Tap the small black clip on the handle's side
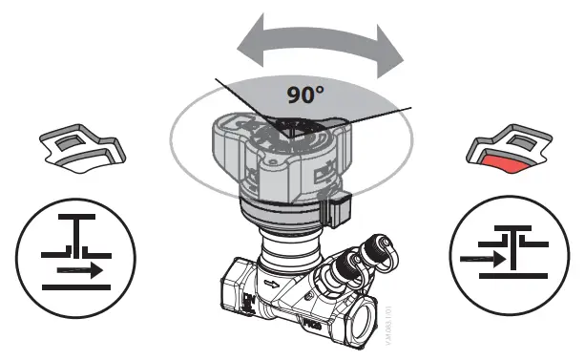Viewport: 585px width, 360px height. [x=336, y=210]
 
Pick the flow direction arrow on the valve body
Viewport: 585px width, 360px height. [x=277, y=284]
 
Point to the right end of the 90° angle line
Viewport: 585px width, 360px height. [x=410, y=108]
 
